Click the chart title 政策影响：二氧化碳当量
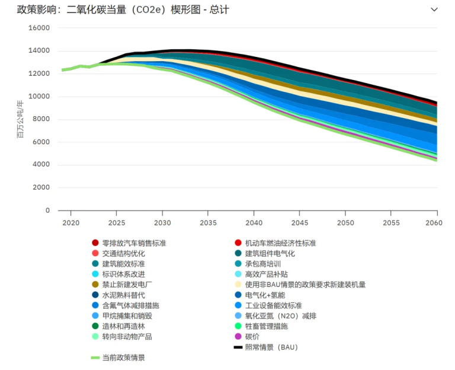pyautogui.click(x=123, y=10)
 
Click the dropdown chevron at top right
pyautogui.click(x=434, y=9)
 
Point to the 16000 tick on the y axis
pyautogui.click(x=40, y=28)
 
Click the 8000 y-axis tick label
pyautogui.click(x=41, y=119)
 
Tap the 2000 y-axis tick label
pyautogui.click(x=41, y=187)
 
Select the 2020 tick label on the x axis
pyautogui.click(x=71, y=222)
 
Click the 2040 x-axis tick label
pyautogui.click(x=254, y=222)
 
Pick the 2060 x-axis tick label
pyautogui.click(x=437, y=222)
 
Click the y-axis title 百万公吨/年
pyautogui.click(x=21, y=119)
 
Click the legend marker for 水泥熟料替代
pyautogui.click(x=95, y=295)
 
